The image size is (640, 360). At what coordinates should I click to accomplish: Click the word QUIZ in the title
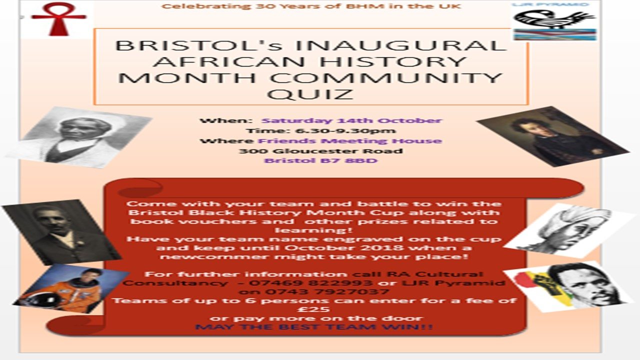click(x=310, y=93)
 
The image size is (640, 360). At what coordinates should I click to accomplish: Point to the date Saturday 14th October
click(x=352, y=120)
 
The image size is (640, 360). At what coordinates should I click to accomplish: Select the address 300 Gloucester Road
click(x=320, y=151)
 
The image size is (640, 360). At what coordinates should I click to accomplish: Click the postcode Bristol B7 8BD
click(x=320, y=161)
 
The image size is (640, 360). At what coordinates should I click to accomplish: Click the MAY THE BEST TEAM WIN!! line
click(x=314, y=327)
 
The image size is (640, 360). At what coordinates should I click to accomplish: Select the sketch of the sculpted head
click(x=569, y=230)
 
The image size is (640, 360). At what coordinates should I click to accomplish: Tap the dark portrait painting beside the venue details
click(x=552, y=136)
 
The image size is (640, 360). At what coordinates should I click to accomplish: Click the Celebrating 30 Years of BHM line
click(x=311, y=6)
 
